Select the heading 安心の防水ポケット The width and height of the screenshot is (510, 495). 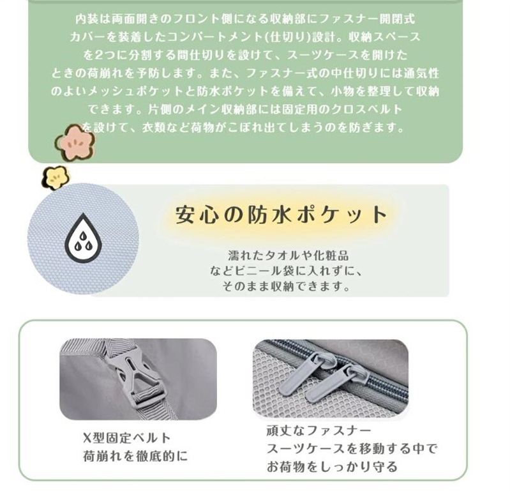tap(281, 215)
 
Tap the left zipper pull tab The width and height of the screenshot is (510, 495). tap(313, 381)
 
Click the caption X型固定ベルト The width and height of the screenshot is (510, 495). tap(127, 438)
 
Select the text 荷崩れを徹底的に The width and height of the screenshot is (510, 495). tap(135, 456)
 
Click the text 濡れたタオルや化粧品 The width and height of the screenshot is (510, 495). tap(289, 255)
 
